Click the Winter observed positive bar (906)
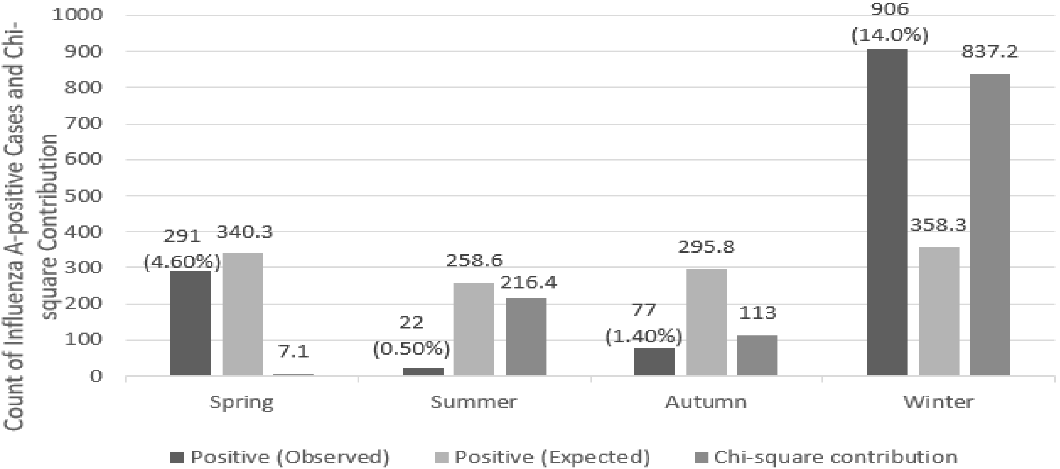point(887,212)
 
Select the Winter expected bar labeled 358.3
point(939,311)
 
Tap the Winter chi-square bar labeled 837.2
point(990,224)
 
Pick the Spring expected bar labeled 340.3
point(243,314)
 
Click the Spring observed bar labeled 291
point(190,323)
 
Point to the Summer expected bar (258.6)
point(474,329)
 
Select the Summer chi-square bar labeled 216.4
point(526,337)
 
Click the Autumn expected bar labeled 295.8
point(706,322)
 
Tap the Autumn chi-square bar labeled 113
point(757,355)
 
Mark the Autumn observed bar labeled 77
point(654,361)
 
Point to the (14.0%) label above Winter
point(890,36)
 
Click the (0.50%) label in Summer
point(411,349)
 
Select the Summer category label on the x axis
point(473,402)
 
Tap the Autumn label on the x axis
point(706,402)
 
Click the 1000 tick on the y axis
point(77,15)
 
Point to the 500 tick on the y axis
point(83,196)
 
